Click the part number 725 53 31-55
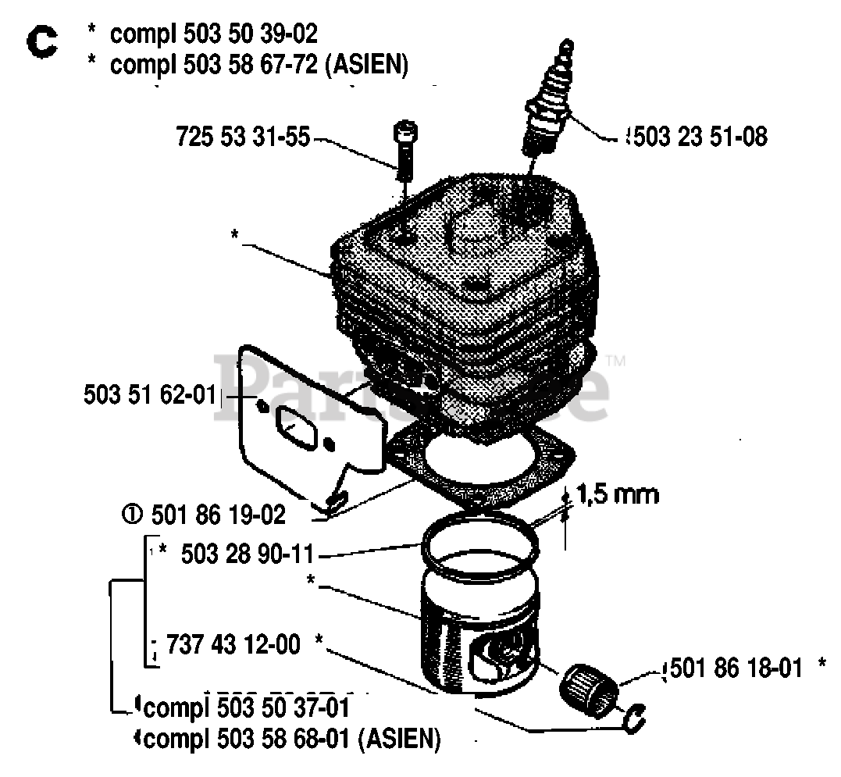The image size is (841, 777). pos(243,138)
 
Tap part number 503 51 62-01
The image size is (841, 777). pos(148,395)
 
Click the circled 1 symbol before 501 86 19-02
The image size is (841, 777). pos(130,515)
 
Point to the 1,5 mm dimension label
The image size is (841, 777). pos(617,494)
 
